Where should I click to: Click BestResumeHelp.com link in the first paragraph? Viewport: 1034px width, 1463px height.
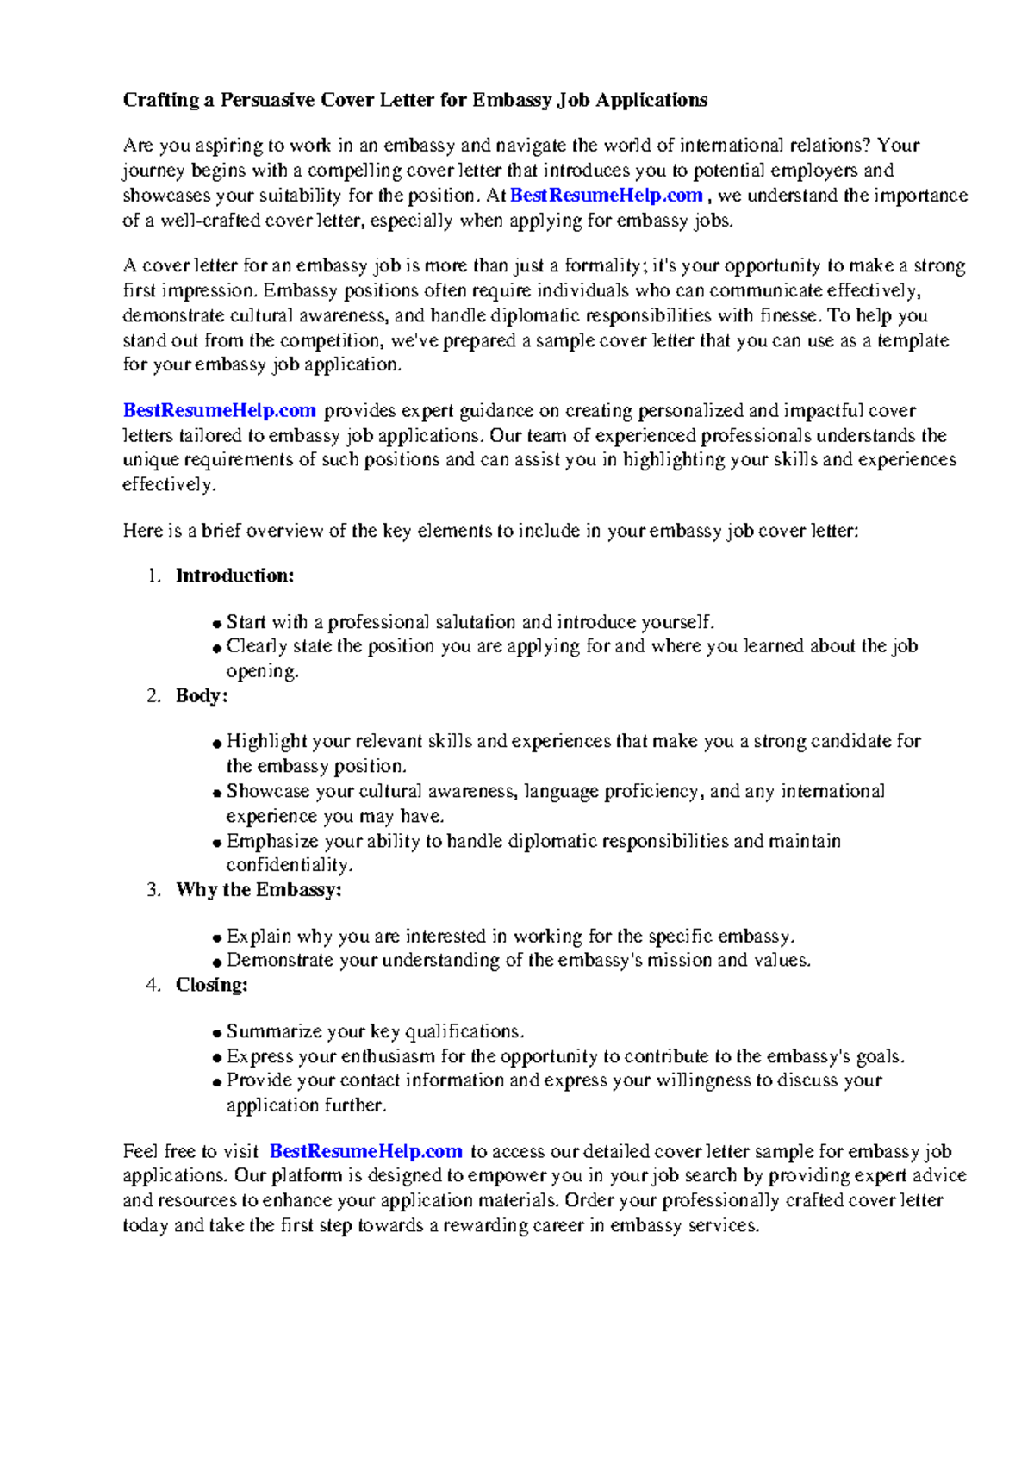606,196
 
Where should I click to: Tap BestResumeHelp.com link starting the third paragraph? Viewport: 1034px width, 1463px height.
219,411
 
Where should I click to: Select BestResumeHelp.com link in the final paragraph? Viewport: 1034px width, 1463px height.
366,1151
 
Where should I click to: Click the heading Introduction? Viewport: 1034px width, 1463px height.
234,576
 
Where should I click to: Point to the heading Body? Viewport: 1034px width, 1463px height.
202,695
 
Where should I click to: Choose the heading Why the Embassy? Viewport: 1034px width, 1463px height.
258,889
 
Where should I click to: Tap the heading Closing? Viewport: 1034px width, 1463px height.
211,985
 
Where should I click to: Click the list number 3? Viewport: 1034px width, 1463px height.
153,889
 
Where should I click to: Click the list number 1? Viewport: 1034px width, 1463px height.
153,576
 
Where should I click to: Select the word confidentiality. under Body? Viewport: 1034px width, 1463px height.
290,865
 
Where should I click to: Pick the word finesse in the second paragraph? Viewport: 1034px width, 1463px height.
789,315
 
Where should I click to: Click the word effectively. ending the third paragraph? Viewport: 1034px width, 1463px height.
169,484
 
